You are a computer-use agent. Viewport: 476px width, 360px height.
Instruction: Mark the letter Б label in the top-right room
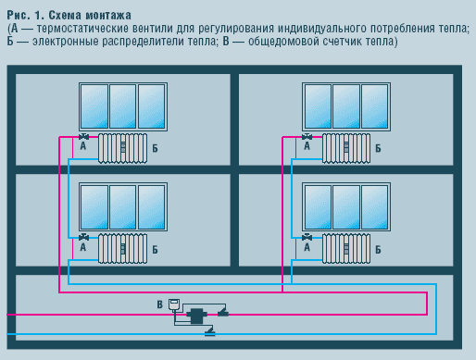click(x=378, y=148)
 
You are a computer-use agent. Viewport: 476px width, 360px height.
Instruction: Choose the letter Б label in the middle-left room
click(x=155, y=249)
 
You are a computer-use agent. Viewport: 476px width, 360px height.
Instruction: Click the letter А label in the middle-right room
click(x=307, y=248)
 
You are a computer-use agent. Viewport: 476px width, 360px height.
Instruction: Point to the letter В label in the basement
click(x=159, y=304)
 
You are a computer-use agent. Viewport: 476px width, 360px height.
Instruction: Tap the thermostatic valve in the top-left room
click(x=83, y=137)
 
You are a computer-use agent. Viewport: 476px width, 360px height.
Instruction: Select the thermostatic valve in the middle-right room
click(x=307, y=237)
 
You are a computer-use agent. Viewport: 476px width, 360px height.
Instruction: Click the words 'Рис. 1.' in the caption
click(x=25, y=16)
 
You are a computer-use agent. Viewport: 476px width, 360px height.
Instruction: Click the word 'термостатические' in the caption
click(x=82, y=30)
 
